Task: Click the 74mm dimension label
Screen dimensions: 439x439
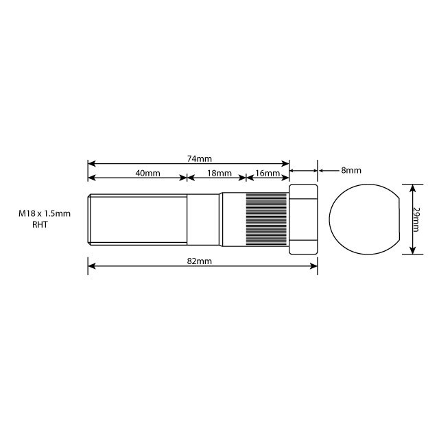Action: [199, 158]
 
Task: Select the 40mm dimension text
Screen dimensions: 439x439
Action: [147, 174]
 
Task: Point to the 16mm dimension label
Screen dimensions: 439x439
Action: [268, 174]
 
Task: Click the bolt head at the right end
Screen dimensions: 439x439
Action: [303, 219]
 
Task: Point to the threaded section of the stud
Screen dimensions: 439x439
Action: [137, 219]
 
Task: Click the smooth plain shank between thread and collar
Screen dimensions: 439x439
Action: [204, 219]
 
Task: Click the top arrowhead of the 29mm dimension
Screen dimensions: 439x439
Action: [412, 187]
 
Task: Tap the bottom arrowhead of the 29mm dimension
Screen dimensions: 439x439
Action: [412, 251]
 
